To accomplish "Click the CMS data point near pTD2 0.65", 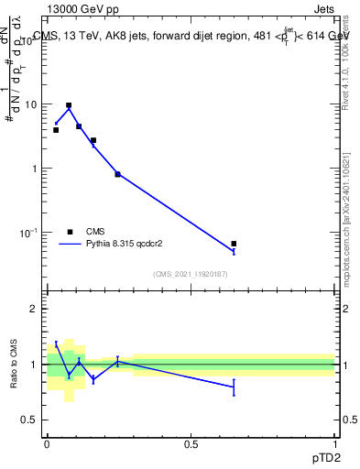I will (234, 244).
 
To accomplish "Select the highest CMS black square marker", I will (69, 105).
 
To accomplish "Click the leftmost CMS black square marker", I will (56, 130).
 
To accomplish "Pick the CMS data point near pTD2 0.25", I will (117, 174).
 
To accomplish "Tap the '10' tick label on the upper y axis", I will (30, 104).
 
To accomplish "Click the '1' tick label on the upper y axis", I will (35, 169).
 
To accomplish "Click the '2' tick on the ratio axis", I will (35, 309).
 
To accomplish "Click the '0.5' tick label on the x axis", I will (191, 444).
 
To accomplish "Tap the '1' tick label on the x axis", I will (334, 444).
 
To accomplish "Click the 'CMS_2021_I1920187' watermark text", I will (191, 274).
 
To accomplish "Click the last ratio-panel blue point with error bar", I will (234, 387).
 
